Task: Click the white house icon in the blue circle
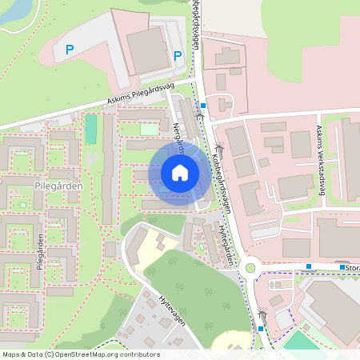(x=180, y=172)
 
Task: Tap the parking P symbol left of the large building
(x=70, y=50)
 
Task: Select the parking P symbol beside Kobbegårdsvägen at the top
(x=177, y=55)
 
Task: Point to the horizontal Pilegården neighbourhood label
(x=55, y=183)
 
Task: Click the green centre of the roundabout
(x=250, y=269)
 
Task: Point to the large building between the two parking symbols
(x=149, y=49)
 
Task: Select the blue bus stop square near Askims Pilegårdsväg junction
(x=204, y=105)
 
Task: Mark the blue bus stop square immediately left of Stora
(x=342, y=267)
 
